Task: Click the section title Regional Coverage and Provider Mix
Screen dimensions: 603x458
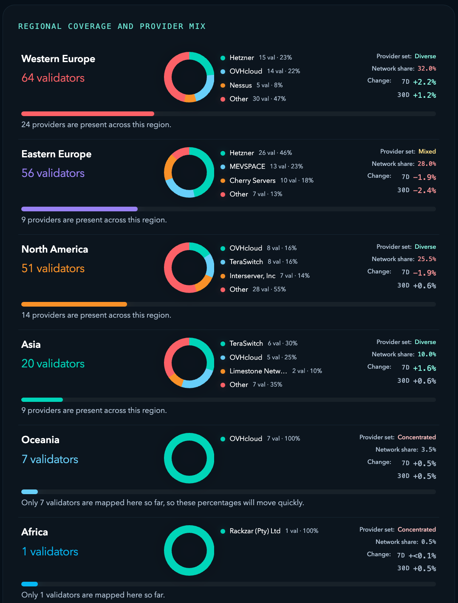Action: [112, 26]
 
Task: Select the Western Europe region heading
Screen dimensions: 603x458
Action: [58, 59]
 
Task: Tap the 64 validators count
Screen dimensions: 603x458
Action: [53, 78]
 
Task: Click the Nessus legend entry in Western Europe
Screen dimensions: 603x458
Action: [240, 85]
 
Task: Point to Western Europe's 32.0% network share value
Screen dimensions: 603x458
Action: [427, 68]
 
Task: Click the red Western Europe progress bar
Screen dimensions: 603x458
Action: [88, 114]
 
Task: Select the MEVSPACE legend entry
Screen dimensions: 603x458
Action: [247, 166]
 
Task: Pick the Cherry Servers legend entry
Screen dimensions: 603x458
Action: [252, 180]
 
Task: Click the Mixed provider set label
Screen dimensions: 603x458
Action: [427, 151]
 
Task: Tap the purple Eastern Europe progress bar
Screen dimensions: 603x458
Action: [79, 209]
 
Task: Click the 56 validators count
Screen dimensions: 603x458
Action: [53, 173]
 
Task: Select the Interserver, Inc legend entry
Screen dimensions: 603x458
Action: [252, 276]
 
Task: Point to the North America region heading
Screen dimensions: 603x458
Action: [55, 249]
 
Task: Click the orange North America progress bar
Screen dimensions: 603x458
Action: [74, 304]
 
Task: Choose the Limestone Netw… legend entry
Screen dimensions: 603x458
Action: [258, 371]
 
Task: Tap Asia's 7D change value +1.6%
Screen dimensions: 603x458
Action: [424, 368]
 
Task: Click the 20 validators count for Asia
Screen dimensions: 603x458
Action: [53, 364]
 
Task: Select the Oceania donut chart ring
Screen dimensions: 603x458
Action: [189, 437]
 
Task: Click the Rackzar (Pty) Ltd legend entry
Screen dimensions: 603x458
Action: [254, 531]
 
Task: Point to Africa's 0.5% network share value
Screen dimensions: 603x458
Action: [428, 542]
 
